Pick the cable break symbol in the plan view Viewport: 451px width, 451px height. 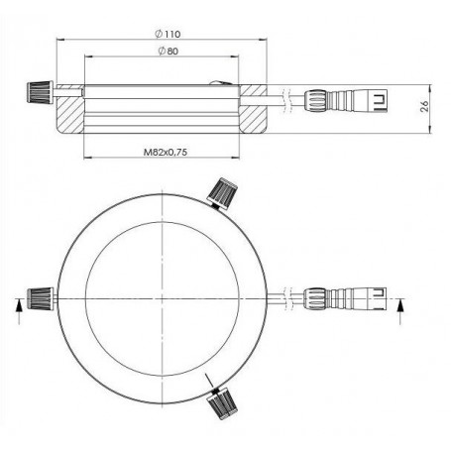pos(286,297)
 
